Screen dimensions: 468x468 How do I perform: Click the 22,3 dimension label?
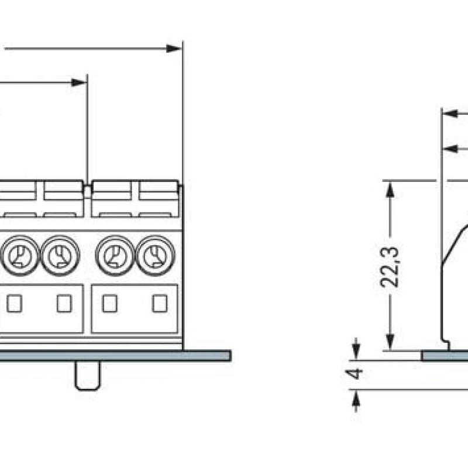click(390, 266)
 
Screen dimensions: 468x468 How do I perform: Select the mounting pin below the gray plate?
click(88, 376)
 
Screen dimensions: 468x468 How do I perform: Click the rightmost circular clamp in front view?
click(155, 256)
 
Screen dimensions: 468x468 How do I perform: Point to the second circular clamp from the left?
click(60, 256)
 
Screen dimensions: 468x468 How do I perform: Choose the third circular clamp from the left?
click(115, 256)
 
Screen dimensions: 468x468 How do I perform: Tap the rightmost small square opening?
click(159, 303)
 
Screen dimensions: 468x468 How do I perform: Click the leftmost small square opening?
click(15, 303)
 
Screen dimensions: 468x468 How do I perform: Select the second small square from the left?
click(64, 303)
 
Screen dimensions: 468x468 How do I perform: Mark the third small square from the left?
click(109, 303)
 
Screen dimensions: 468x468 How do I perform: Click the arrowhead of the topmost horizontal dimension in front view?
click(174, 48)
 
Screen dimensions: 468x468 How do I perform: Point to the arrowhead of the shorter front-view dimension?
click(79, 82)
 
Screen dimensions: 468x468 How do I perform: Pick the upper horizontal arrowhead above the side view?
click(450, 113)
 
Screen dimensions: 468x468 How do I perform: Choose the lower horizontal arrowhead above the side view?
click(450, 149)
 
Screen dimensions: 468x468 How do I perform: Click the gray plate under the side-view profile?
click(445, 356)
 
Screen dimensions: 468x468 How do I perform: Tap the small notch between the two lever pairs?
click(87, 191)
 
